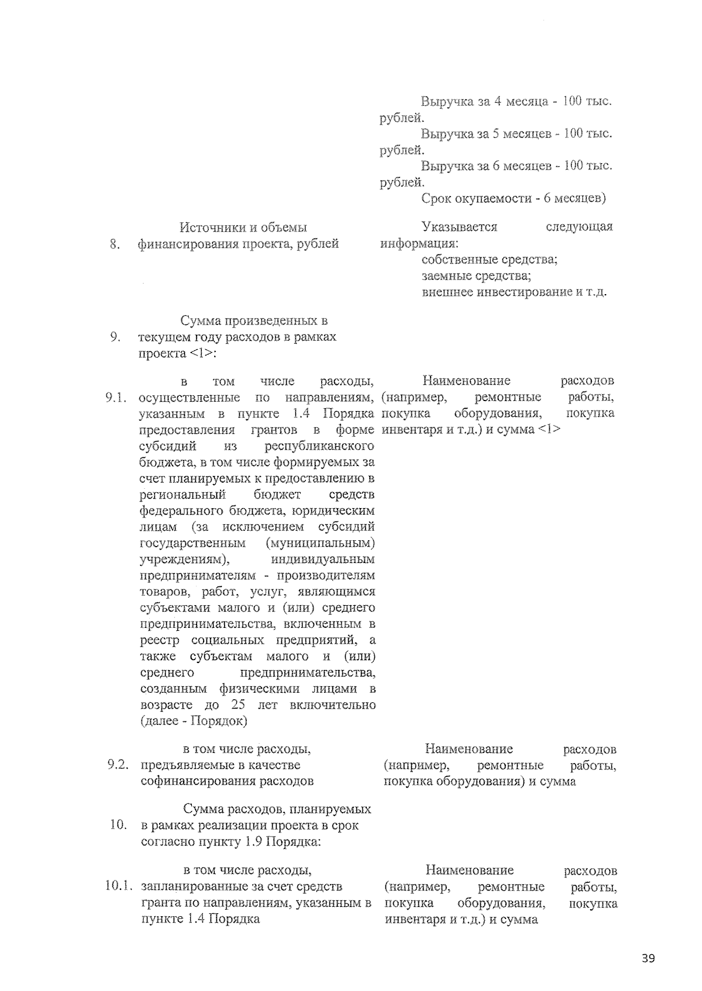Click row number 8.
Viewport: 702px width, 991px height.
[x=115, y=244]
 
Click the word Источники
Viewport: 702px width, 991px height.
[x=209, y=227]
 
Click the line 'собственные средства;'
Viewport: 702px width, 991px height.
[x=489, y=259]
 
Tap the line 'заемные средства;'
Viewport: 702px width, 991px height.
[x=476, y=275]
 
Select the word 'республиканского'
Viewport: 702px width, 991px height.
[x=319, y=446]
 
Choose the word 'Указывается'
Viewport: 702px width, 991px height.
[x=459, y=227]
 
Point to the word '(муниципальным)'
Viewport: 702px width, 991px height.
[x=320, y=543]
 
